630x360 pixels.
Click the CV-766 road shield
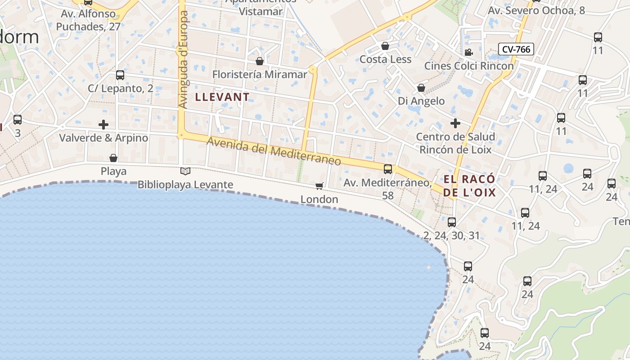point(516,49)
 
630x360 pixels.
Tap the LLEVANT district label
point(222,97)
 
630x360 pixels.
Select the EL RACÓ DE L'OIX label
point(469,186)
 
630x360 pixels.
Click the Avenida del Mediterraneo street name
point(274,153)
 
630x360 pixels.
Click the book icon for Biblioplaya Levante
point(185,171)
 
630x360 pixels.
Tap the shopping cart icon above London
point(319,186)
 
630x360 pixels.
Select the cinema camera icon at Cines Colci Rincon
point(469,52)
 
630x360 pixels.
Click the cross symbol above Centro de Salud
point(455,123)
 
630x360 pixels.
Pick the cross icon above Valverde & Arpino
point(103,124)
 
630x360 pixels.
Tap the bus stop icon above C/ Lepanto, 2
point(120,75)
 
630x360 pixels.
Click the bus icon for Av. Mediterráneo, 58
point(388,169)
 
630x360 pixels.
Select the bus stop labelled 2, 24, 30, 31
point(452,222)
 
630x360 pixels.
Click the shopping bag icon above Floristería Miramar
point(260,61)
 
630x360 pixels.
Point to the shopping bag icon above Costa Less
point(385,45)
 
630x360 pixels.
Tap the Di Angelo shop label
point(421,101)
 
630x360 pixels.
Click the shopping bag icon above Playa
point(113,158)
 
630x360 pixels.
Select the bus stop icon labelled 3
point(18,120)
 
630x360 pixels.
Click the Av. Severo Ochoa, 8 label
point(536,10)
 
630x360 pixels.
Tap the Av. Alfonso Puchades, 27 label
point(88,20)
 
